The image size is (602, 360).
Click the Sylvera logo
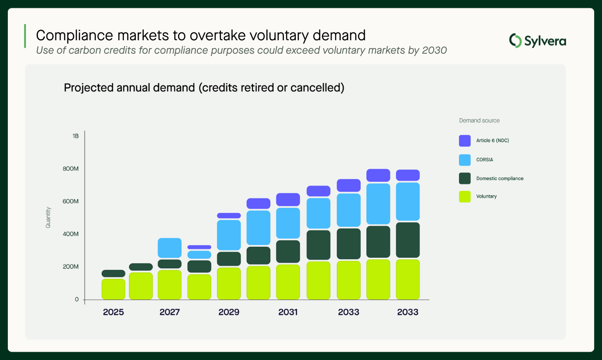pos(537,41)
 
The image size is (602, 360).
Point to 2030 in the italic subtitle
pos(434,50)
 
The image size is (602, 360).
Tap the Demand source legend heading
pos(479,120)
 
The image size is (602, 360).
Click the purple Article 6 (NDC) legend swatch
pos(465,141)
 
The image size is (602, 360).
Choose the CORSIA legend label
pos(485,160)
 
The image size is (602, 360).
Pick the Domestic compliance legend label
pos(499,179)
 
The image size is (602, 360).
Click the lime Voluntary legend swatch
pos(465,197)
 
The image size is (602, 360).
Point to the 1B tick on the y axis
pos(75,136)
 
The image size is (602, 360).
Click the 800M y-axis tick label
pos(71,169)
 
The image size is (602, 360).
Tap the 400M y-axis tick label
pos(71,234)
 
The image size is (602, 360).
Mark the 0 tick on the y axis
pos(76,299)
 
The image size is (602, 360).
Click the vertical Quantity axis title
pos(48,217)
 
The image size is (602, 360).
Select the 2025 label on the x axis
pos(113,312)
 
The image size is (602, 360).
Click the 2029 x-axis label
pos(229,312)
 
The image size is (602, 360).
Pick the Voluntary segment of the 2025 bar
pos(113,289)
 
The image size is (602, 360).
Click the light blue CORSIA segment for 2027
pos(170,248)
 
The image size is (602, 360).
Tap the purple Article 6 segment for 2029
pos(229,216)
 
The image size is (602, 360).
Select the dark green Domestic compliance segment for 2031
pos(288,251)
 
